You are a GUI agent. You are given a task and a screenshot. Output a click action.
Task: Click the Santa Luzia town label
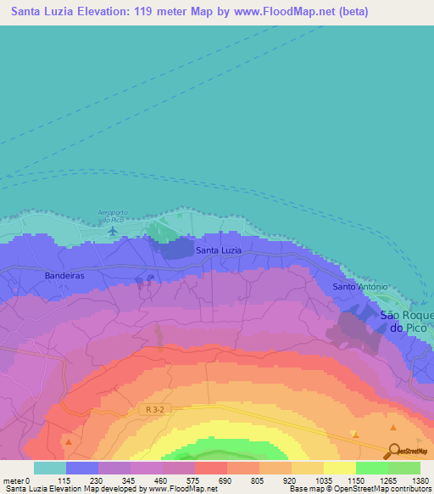[x=218, y=250]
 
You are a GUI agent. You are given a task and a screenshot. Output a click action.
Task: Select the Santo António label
[x=359, y=287]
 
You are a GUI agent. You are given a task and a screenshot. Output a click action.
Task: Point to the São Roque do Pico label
[x=406, y=321]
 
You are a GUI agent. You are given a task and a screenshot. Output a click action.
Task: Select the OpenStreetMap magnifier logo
[x=393, y=451]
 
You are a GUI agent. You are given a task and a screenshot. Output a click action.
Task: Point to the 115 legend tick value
[x=65, y=480]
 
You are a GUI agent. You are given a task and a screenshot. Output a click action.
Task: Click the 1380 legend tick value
[x=420, y=480]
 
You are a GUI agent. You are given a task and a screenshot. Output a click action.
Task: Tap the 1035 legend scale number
[x=323, y=480]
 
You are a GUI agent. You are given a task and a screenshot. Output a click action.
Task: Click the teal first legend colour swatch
[x=49, y=468]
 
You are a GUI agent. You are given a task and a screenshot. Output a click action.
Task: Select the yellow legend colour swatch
[x=339, y=468]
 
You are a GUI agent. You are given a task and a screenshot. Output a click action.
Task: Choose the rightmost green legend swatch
[x=403, y=468]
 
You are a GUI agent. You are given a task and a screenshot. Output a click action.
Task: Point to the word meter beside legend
[x=14, y=480]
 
